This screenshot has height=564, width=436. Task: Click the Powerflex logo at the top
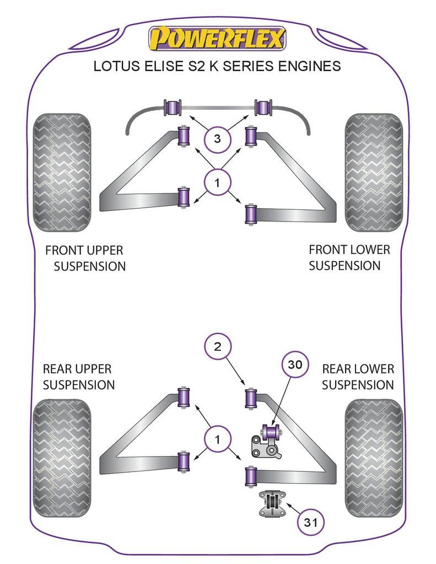217,39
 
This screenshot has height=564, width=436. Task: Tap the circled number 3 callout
217,139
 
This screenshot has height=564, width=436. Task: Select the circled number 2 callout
217,346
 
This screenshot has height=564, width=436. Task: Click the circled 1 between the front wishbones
217,182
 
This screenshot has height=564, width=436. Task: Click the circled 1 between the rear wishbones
217,439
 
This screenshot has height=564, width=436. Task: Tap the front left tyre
62,172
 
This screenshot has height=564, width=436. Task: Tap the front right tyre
373,172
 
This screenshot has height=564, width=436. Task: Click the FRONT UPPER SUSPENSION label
85,258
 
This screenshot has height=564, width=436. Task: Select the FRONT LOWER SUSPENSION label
348,257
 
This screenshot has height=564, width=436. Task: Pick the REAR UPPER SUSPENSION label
78,377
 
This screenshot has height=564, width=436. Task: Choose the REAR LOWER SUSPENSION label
358,377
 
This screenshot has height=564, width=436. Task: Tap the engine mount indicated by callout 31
271,503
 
